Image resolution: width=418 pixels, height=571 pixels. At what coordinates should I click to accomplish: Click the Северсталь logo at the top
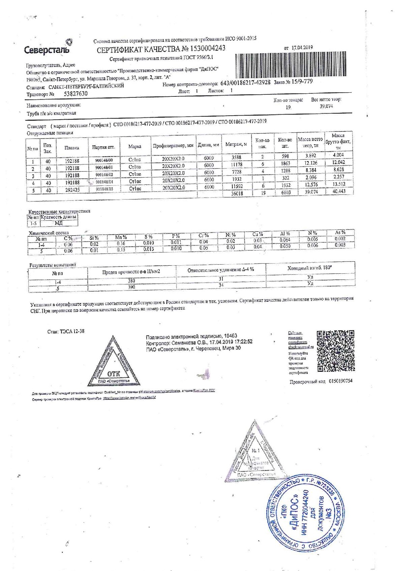[x=48, y=49]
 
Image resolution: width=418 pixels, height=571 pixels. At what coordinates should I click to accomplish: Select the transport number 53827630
[x=73, y=94]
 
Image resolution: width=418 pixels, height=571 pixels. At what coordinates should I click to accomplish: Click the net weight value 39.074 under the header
[x=326, y=106]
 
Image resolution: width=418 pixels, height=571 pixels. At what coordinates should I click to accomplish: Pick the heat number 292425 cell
[x=72, y=190]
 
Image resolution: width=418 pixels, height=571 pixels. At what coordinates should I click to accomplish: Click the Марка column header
[x=135, y=147]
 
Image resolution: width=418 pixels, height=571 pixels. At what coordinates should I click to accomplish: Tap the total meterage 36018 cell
[x=237, y=193]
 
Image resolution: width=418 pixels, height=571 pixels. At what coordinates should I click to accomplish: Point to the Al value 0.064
[x=285, y=240]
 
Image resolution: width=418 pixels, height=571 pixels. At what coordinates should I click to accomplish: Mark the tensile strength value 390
[x=131, y=287]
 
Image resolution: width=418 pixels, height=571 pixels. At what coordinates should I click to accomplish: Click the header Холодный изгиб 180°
[x=310, y=268]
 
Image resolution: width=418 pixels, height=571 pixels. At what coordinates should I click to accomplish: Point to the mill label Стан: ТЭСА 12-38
[x=66, y=331]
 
